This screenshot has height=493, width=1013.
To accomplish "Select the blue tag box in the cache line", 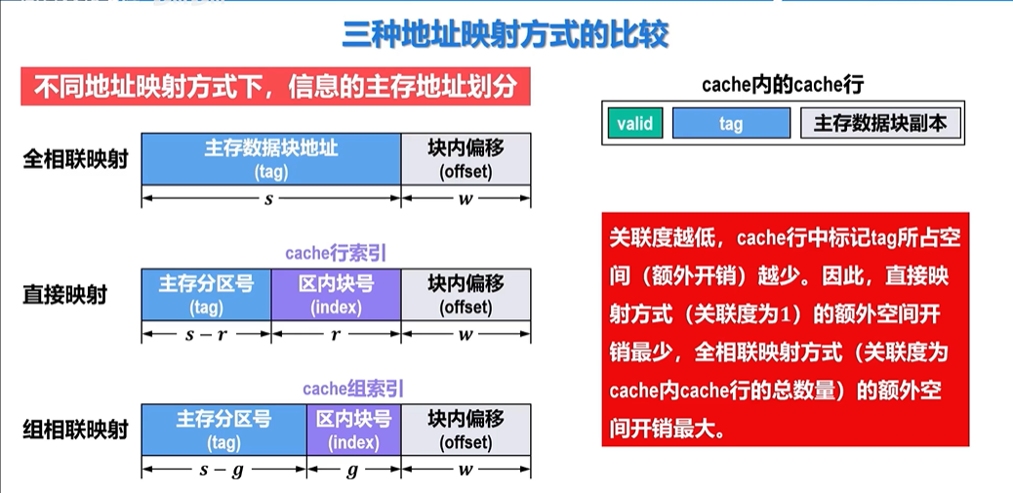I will click(731, 123).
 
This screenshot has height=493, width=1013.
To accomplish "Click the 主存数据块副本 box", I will click(880, 123).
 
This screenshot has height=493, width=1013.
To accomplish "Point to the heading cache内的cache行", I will click(783, 85).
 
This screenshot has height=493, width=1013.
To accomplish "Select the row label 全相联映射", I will click(76, 158).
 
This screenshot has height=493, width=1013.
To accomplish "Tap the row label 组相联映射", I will click(76, 430).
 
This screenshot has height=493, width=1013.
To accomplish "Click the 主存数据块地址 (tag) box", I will click(271, 158).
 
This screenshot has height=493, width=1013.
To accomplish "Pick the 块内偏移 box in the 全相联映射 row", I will click(466, 158).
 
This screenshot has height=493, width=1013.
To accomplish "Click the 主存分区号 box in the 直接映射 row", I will click(206, 294).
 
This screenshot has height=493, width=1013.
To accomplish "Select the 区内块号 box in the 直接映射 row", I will click(336, 294).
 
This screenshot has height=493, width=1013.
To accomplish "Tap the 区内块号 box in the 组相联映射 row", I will click(353, 430).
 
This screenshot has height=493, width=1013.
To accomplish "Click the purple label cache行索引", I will click(336, 253).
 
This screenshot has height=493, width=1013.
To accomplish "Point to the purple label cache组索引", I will click(353, 389).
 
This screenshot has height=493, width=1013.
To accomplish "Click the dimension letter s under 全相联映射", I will click(269, 198).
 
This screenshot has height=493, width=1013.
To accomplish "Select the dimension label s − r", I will click(206, 334).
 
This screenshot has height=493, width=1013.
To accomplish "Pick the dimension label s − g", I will click(223, 470).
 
